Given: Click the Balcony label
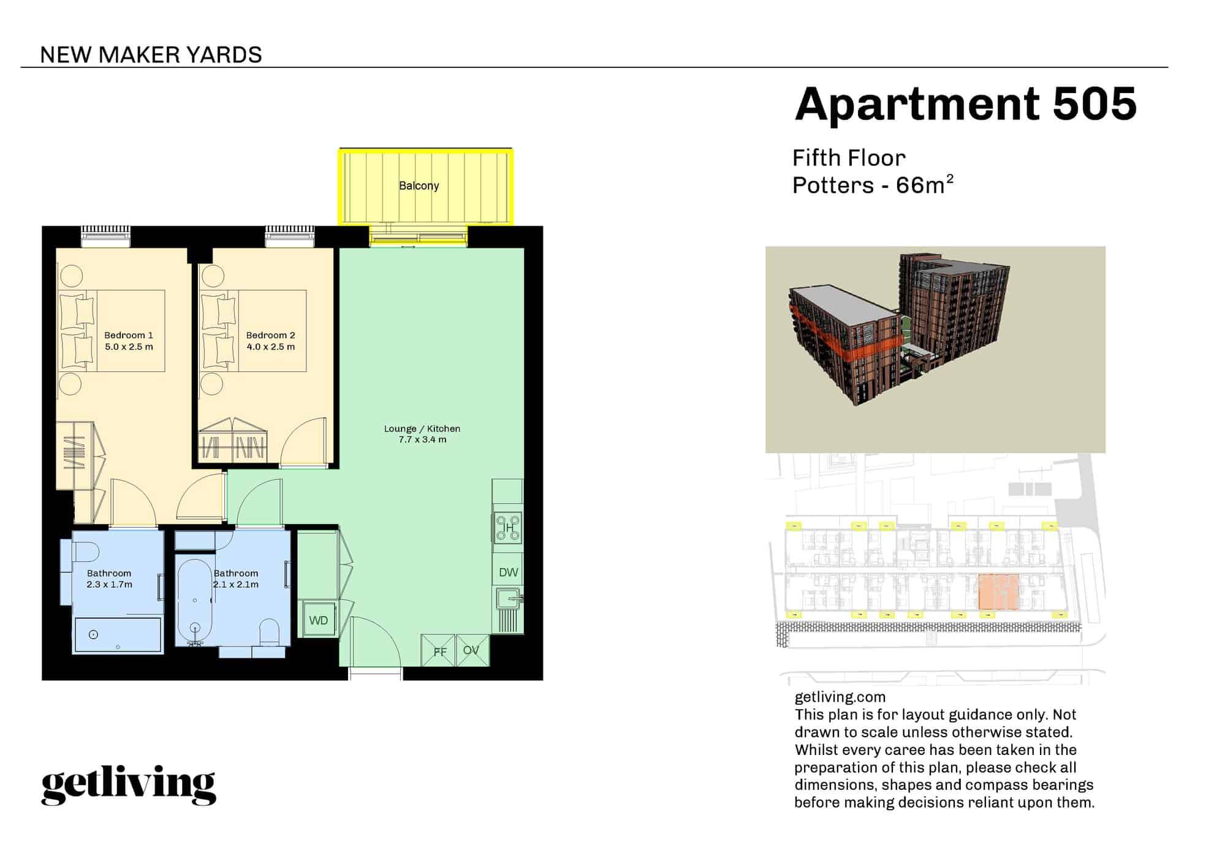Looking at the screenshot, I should click(419, 186).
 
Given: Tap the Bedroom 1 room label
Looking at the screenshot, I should click(129, 335).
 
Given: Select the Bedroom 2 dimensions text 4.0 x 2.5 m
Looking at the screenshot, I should click(270, 347).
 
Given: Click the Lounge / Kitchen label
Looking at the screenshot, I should click(422, 429).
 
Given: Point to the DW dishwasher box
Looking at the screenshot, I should click(508, 572).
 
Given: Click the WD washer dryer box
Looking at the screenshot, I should click(318, 620).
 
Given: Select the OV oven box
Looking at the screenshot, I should click(472, 650).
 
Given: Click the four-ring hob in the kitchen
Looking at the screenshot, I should click(509, 528).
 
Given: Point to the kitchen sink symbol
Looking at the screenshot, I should click(509, 598).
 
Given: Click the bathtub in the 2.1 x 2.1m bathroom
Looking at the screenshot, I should click(195, 602).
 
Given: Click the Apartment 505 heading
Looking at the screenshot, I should click(965, 104).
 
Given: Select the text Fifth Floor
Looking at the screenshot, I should click(849, 158).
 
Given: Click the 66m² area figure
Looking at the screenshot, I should click(924, 184).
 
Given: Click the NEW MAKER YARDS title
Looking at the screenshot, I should click(151, 55).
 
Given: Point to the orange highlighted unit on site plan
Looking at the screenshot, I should click(998, 592).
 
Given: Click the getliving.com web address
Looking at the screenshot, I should click(840, 697).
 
